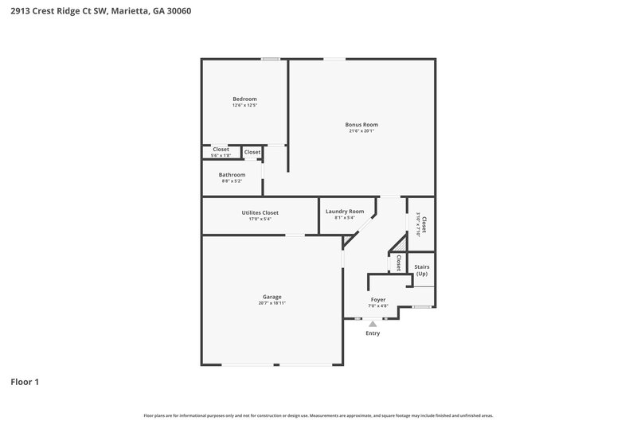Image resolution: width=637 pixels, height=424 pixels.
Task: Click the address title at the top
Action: tap(100, 12)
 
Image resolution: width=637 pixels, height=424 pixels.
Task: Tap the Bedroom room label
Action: tap(244, 99)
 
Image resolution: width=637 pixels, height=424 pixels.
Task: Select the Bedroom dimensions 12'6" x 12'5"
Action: tap(244, 105)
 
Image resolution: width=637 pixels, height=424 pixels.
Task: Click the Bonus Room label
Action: tap(361, 124)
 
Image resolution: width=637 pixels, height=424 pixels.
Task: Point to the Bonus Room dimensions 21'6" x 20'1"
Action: tap(361, 130)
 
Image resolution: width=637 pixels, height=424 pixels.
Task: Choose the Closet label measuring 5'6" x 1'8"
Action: tap(221, 150)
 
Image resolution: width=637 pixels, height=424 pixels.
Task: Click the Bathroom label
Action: tap(232, 174)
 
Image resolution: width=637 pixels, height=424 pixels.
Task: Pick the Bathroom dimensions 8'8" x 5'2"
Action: tap(232, 181)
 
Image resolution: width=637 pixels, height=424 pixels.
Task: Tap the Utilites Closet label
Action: tap(260, 212)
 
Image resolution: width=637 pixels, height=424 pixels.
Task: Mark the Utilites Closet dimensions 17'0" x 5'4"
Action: tap(260, 219)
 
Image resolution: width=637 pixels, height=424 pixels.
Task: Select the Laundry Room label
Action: tap(345, 211)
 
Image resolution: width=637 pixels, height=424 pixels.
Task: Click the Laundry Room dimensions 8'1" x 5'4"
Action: tap(345, 217)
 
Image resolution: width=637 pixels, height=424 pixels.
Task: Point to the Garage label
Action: tap(272, 296)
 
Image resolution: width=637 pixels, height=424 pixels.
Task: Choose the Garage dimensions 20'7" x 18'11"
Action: tap(272, 302)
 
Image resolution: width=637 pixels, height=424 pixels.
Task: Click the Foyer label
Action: tap(378, 299)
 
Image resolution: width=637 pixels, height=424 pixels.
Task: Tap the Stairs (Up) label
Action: tap(422, 270)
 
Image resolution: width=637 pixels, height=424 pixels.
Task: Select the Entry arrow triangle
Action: tap(373, 324)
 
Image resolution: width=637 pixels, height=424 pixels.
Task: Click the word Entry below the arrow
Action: tap(373, 333)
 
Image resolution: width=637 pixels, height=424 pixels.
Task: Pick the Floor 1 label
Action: tap(25, 382)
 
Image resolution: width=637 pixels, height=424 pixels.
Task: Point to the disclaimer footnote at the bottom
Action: tap(318, 415)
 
